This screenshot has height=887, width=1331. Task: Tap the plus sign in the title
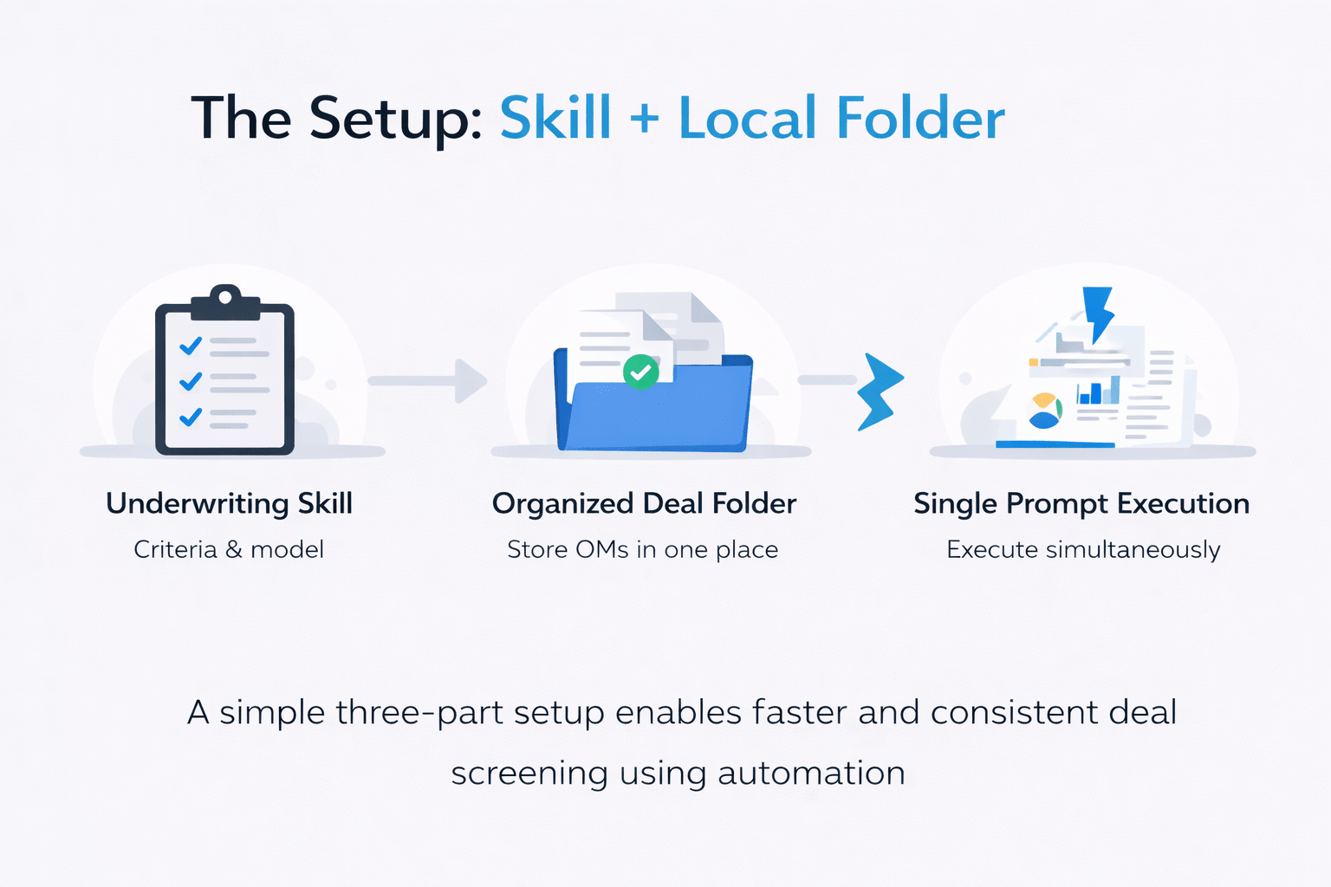click(645, 119)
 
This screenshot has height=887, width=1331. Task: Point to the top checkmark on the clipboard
click(191, 346)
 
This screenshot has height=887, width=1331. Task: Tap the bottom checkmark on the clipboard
click(191, 418)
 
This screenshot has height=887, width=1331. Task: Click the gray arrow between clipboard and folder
click(428, 381)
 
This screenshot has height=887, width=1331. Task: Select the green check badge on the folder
click(640, 372)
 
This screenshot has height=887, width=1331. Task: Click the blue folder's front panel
click(659, 411)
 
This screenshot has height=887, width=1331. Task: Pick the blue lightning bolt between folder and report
click(879, 392)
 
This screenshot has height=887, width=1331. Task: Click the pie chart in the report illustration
click(1045, 411)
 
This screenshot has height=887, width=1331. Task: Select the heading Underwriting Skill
click(229, 503)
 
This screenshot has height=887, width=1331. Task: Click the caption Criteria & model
click(229, 549)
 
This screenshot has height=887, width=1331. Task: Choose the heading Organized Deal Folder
click(644, 503)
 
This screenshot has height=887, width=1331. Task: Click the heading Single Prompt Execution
click(1081, 503)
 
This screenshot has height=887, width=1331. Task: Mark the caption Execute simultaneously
click(1083, 549)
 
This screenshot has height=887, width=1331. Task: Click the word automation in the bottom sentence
click(811, 773)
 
